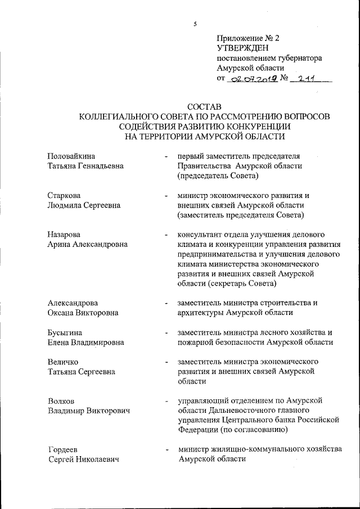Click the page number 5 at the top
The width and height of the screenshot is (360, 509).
pyautogui.click(x=195, y=24)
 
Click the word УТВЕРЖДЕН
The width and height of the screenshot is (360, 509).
pyautogui.click(x=240, y=48)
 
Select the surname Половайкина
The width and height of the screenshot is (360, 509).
pyautogui.click(x=71, y=156)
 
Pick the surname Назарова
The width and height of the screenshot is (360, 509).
pyautogui.click(x=64, y=234)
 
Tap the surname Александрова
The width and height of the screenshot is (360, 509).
pyautogui.click(x=73, y=303)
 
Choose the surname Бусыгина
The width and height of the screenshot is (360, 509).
pyautogui.click(x=65, y=332)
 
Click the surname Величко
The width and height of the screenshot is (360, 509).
pyautogui.click(x=63, y=361)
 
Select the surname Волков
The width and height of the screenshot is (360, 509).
pyautogui.click(x=61, y=401)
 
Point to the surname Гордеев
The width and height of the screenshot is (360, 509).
pyautogui.click(x=63, y=450)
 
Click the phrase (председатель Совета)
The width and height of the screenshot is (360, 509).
pyautogui.click(x=218, y=176)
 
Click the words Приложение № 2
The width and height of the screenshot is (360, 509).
pyautogui.click(x=247, y=38)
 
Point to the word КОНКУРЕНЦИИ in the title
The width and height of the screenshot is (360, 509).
pyautogui.click(x=254, y=126)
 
